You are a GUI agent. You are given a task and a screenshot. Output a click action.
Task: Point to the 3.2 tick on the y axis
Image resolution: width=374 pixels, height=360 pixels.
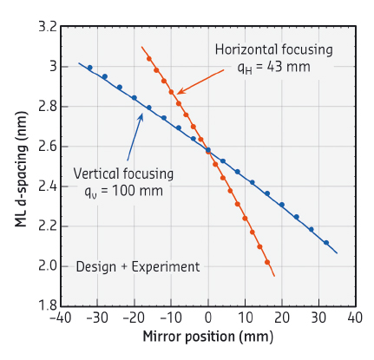coord(48,27)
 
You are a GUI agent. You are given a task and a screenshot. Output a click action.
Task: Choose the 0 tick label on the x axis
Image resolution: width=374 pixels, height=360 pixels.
coord(208,319)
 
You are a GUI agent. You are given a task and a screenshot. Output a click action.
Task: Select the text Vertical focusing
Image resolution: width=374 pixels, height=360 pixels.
coord(123,173)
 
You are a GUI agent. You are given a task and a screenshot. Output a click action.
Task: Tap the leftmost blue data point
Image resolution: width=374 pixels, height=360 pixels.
coord(89,68)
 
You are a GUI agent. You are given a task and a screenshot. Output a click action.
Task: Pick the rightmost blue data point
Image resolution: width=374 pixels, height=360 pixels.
coord(326,243)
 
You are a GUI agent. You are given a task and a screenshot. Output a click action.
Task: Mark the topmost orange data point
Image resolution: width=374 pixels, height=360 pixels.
coord(149,59)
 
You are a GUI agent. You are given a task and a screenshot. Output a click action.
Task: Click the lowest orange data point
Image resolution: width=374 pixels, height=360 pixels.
coord(267,262)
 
